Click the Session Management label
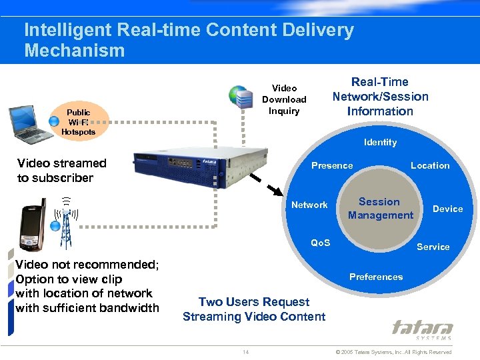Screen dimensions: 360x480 click(x=380, y=209)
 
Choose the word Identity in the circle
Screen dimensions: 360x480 click(x=380, y=142)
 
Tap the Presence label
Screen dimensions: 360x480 click(x=332, y=165)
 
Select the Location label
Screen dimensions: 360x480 click(x=430, y=165)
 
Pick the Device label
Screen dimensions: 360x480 click(x=447, y=209)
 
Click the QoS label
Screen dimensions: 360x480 click(x=321, y=243)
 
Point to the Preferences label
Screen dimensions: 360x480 click(x=376, y=277)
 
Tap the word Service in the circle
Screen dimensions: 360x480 click(x=433, y=247)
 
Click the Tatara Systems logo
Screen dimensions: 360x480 click(x=422, y=330)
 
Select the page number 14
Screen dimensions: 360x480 click(x=246, y=351)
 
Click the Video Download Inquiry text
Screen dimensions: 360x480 click(x=284, y=99)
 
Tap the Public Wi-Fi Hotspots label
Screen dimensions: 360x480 click(x=78, y=122)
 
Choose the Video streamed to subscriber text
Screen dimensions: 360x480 click(x=61, y=170)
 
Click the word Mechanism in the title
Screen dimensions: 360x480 click(x=74, y=51)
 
